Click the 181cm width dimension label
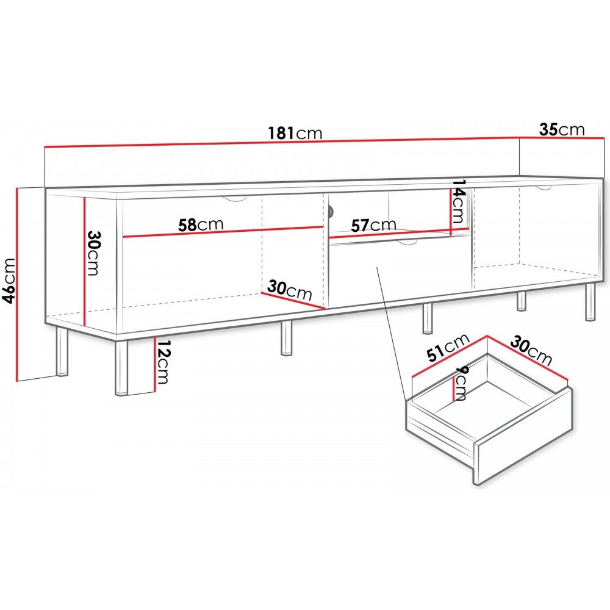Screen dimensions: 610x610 tap(295, 133)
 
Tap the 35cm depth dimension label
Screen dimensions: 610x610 tap(561, 129)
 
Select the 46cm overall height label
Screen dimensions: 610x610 tap(9, 280)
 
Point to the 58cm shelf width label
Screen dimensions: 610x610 tap(201, 225)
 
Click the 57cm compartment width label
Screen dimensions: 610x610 tap(373, 225)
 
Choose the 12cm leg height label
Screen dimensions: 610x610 tap(162, 361)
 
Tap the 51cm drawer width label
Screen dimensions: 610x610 tap(448, 348)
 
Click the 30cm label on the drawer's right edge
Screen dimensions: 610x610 tap(531, 351)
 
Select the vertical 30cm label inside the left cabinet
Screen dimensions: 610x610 tap(93, 253)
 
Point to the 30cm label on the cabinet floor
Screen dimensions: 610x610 tap(289, 289)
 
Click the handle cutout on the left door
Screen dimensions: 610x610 tap(234, 199)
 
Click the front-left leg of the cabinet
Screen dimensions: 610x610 tap(121, 368)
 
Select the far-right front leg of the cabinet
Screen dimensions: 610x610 tap(590, 302)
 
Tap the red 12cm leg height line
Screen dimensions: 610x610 tap(155, 365)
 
